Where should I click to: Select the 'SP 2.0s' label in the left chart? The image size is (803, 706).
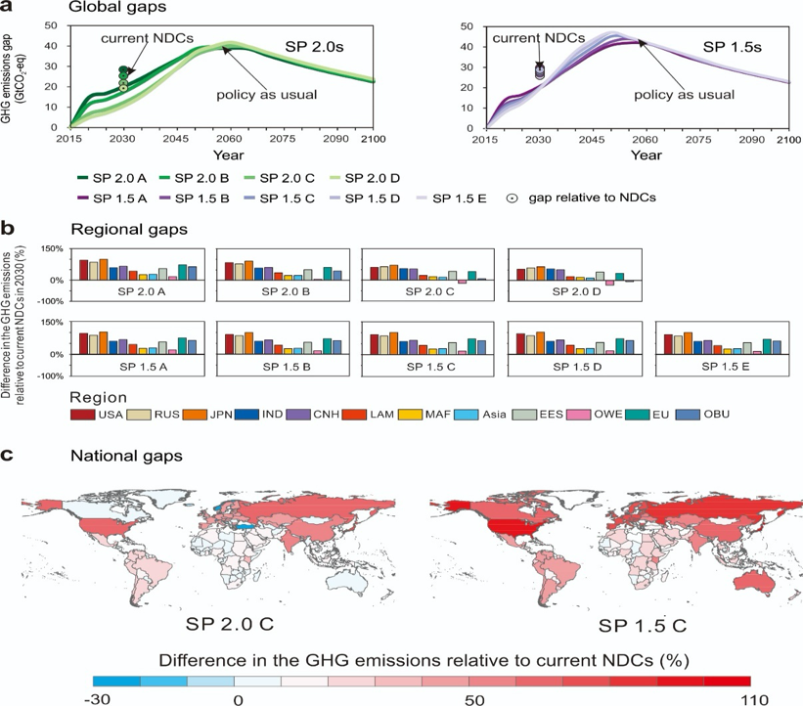pyautogui.click(x=314, y=46)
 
